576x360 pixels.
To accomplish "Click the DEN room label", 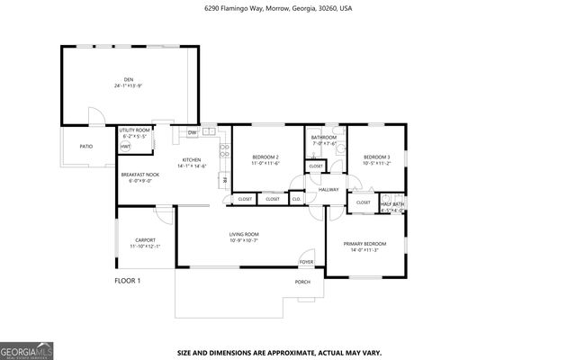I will click(129, 79).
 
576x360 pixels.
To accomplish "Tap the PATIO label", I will click(86, 146).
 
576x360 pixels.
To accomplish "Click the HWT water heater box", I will click(125, 147).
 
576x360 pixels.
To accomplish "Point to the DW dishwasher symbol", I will click(192, 133).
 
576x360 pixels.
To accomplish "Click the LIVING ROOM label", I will click(244, 234).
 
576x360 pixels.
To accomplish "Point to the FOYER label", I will click(306, 262).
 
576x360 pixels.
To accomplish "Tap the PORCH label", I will click(303, 282).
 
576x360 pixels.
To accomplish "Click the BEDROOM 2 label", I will click(265, 157).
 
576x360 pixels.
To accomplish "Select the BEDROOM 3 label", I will click(376, 157).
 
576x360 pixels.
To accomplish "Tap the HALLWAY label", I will click(328, 189).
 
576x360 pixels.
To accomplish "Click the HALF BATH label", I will click(392, 203).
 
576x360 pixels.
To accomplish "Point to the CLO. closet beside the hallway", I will click(297, 199).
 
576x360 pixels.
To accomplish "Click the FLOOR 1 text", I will click(127, 281).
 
